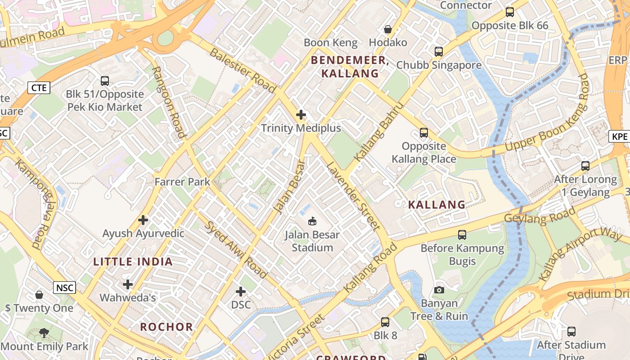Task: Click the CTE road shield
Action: tap(38, 87)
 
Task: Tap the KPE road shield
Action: tap(620, 136)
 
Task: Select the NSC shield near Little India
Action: tap(64, 288)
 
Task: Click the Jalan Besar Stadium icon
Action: tap(312, 221)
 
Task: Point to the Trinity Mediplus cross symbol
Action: tap(301, 115)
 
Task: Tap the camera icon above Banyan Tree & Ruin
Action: tap(439, 290)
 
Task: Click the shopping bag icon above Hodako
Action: tap(387, 30)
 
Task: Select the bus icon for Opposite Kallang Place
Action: tap(423, 133)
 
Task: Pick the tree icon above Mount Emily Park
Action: tap(44, 333)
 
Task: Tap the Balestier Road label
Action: tap(243, 70)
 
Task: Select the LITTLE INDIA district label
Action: tap(133, 262)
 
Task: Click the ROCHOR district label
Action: tap(166, 327)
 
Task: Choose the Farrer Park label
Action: tap(182, 182)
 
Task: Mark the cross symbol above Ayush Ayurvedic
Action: tap(143, 220)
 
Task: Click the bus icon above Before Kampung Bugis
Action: tap(462, 234)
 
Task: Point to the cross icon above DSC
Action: tap(241, 292)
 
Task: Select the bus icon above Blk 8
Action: tap(385, 322)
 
